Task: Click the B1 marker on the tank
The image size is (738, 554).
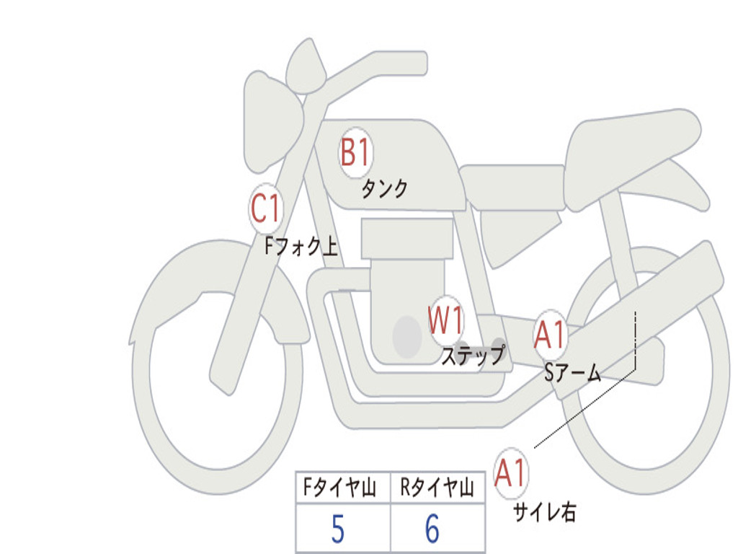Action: (356, 153)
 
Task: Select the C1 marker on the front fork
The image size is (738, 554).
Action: (266, 208)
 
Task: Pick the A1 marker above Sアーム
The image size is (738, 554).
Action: (550, 335)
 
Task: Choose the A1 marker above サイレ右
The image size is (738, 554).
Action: (511, 473)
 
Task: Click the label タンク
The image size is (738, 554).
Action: (385, 189)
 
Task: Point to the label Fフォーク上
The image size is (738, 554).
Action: (301, 246)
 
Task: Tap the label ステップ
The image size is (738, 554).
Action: (473, 356)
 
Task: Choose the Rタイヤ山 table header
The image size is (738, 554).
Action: (437, 488)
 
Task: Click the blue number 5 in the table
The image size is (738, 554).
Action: (338, 529)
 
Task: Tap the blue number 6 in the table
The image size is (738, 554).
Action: (432, 529)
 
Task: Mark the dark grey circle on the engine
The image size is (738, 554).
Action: (407, 337)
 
